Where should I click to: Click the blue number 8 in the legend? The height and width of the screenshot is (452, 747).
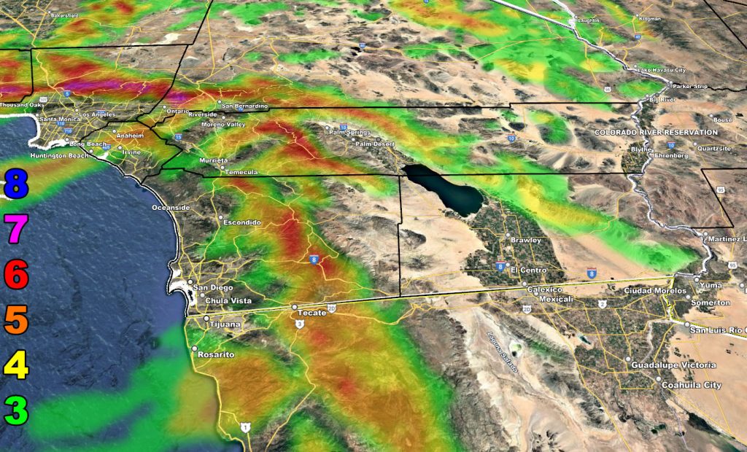point(16,184)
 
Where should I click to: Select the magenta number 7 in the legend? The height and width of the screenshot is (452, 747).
point(16,230)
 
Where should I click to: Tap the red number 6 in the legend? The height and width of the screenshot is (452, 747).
point(16,275)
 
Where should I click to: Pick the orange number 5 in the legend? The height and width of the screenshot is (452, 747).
point(16,319)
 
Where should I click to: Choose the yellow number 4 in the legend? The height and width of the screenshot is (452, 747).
point(16,365)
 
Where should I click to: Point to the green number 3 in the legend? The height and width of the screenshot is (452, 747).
point(16,410)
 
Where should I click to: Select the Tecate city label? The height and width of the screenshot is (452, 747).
point(311,313)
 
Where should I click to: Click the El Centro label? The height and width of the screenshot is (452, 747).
point(529,270)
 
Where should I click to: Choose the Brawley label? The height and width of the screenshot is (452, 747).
point(526,240)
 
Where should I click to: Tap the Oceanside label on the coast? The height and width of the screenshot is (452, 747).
point(170,208)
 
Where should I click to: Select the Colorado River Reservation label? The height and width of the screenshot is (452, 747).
point(656,132)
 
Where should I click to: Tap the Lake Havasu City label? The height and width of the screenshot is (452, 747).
point(662,70)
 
